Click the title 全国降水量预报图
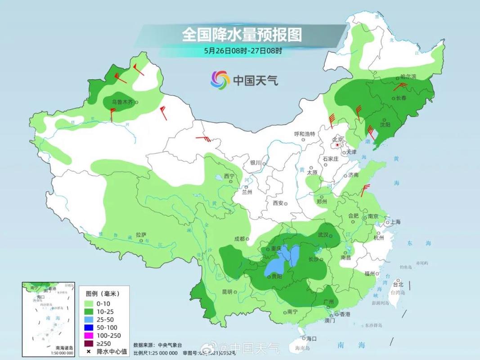[242, 35]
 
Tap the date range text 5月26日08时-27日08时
[243, 51]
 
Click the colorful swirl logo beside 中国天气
[220, 80]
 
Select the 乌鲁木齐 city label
[122, 102]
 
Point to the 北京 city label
[337, 139]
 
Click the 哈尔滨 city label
[408, 77]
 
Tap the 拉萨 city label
[141, 234]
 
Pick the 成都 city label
[239, 239]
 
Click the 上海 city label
[395, 222]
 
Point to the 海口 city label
[312, 338]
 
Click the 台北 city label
[398, 284]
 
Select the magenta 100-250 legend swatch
[89, 335]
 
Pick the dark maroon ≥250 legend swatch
[89, 343]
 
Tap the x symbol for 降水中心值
[89, 351]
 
